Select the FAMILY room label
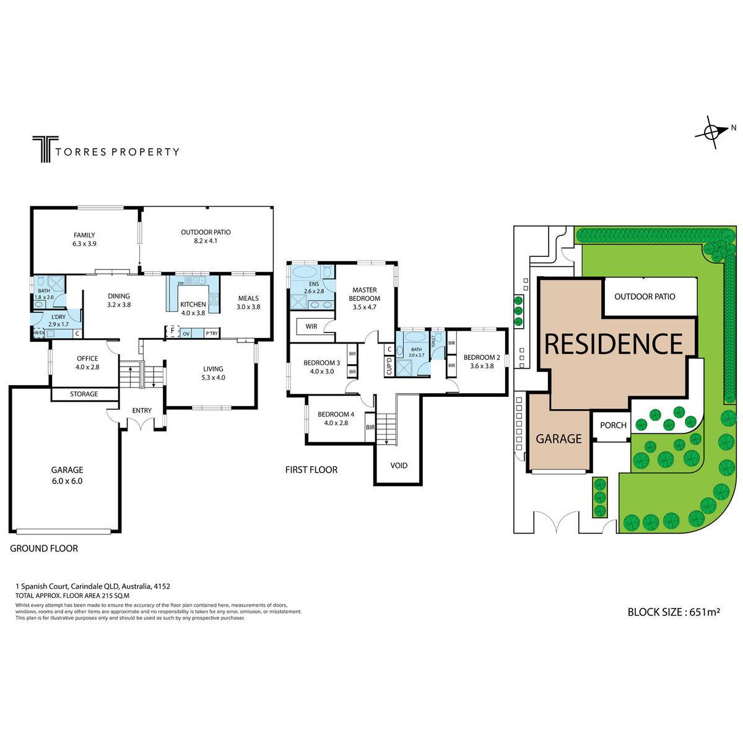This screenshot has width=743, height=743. (x=84, y=235)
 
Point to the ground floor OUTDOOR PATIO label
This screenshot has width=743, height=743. (x=206, y=233)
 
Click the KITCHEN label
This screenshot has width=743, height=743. (x=193, y=305)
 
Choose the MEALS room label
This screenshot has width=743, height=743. (x=248, y=298)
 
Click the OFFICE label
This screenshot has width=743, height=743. (x=87, y=358)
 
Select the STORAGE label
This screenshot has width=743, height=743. (x=84, y=394)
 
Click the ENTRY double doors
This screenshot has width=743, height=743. (x=142, y=425)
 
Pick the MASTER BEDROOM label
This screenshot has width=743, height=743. (x=365, y=294)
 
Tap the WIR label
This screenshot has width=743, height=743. (x=311, y=326)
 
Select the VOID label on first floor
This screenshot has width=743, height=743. (x=399, y=465)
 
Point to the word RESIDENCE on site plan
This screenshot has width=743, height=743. (x=613, y=343)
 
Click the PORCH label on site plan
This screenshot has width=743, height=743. (x=614, y=425)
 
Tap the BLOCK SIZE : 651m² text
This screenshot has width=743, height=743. (x=673, y=612)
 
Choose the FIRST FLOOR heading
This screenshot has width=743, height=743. (x=311, y=470)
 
